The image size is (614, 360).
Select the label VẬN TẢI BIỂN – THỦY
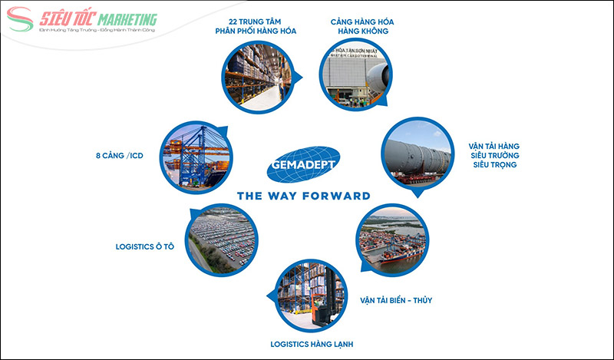(397, 300)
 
